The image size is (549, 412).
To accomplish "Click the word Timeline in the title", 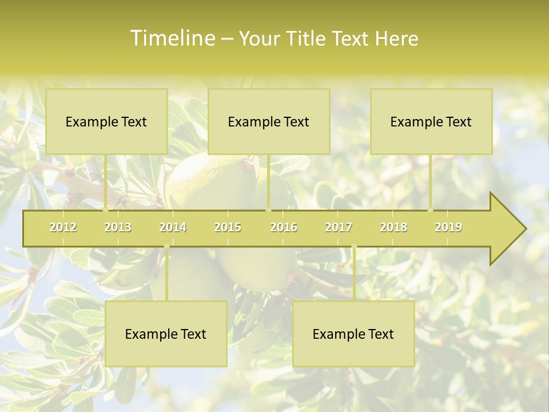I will pos(172,38).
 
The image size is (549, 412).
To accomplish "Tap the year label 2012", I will pos(63,227).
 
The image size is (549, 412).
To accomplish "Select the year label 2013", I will pos(118,227).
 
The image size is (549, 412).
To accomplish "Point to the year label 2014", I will pos(173,227).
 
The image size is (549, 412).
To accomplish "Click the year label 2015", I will pos(228,227).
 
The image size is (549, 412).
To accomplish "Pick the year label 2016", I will pos(284,227).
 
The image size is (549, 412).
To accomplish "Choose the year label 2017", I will pos(339,227).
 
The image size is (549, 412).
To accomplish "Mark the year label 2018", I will pos(393,227).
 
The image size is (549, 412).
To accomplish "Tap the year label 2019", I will pos(448,227).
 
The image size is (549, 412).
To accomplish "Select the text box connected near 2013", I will pos(106,121).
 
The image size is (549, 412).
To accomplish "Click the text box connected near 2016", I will pos(269,121).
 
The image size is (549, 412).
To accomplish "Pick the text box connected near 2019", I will pos(431,121).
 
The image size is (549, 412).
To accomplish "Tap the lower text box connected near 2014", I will pos(166,334).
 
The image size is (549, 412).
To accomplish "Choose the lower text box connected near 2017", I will pos(353,334).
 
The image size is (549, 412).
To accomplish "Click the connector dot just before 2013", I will pos(105,209).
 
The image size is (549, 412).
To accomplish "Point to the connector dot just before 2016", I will pos(268,209).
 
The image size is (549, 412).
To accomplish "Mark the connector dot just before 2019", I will pos(431,209).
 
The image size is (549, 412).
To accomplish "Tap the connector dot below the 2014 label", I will pos(166,247).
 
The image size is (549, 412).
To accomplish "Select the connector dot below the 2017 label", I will pos(354,247).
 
